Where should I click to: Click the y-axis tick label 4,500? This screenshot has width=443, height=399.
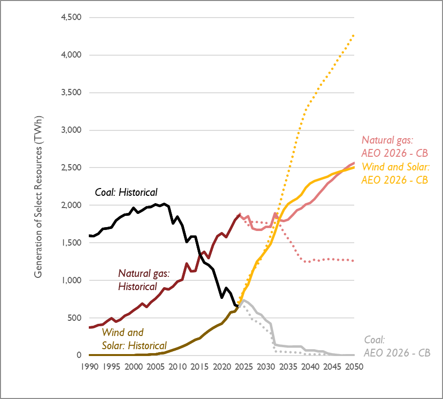pos(71,18)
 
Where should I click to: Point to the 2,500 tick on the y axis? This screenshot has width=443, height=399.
pos(71,168)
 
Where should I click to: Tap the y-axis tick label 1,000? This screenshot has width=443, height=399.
pos(71,280)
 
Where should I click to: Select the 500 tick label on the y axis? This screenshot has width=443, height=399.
pos(74,318)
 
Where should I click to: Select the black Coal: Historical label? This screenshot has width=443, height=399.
pos(126,192)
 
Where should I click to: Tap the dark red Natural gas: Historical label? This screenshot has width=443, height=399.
pos(143,280)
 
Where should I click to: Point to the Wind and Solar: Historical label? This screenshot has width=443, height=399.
pos(134,339)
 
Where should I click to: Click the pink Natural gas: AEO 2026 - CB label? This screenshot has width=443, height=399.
pos(395,147)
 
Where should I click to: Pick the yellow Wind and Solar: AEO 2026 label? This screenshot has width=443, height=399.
pos(395,173)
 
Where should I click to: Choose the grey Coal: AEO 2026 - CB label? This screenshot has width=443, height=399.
pos(397,346)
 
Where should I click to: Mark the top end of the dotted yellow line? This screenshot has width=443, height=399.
pos(354,35)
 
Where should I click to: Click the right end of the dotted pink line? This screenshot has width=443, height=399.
pos(354,261)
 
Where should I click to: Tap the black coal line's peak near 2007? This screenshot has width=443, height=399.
pos(164,204)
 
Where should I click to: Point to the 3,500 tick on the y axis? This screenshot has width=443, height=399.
pos(71,93)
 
